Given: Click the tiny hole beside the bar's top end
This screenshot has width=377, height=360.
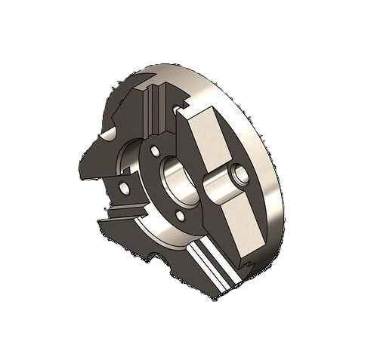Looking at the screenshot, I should (x=177, y=111).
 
